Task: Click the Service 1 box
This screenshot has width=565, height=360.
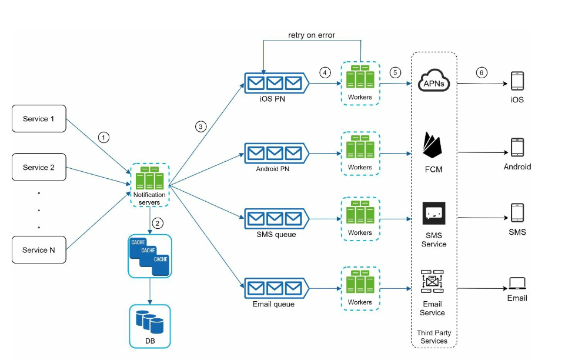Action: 39,119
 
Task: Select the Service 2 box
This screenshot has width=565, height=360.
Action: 39,167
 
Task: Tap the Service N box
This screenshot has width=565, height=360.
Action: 39,250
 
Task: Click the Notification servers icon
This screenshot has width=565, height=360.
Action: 149,179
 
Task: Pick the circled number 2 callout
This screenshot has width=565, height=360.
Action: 157,223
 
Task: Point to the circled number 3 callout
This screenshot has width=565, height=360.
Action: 201,126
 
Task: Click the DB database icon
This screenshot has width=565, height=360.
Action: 149,322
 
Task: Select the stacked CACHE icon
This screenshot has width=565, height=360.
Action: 149,256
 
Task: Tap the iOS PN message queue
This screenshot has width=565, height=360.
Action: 275,84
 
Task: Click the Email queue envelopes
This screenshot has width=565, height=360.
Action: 275,288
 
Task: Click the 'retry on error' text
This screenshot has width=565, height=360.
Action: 312,35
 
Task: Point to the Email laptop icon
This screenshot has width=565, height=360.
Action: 517,284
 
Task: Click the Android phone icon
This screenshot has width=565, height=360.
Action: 517,148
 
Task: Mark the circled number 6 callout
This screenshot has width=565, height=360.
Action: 482,72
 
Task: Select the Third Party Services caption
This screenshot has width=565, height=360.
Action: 434,336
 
